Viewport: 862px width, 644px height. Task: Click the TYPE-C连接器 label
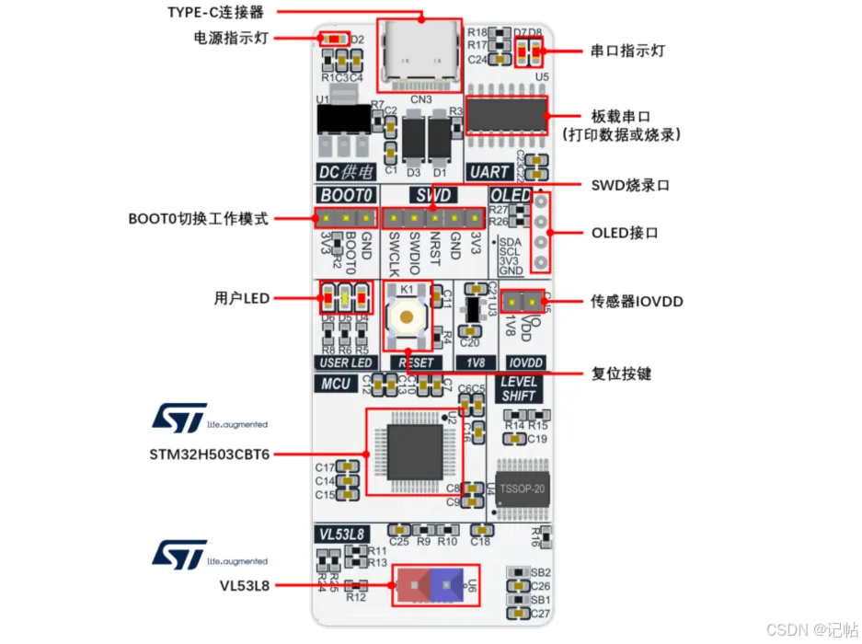click(x=215, y=12)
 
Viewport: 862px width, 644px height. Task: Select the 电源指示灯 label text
click(x=226, y=38)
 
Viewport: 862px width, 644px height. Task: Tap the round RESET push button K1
click(x=405, y=316)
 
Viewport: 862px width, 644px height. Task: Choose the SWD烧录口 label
click(x=630, y=186)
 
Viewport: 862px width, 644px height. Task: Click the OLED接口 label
click(x=626, y=233)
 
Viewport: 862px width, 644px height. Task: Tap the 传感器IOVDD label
click(x=636, y=301)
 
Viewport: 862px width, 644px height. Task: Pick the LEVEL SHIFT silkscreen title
click(x=519, y=388)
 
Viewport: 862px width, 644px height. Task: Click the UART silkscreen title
click(x=488, y=171)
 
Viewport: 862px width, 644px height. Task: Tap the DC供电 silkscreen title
click(x=343, y=171)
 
